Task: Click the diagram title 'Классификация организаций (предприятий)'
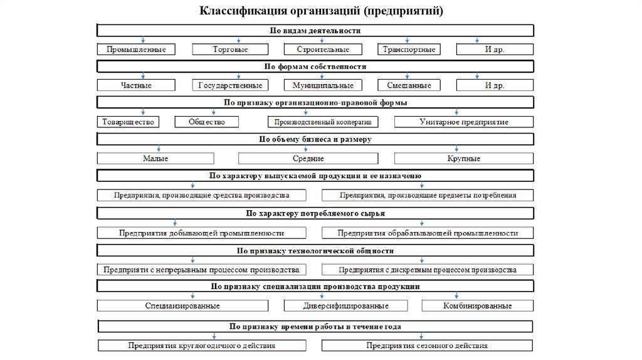coord(320,11)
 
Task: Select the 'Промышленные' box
coord(136,49)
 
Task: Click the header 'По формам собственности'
coord(315,66)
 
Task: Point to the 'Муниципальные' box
coord(322,85)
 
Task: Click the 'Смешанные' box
coord(409,85)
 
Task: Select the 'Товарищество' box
coord(127,122)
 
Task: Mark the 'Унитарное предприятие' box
coord(464,122)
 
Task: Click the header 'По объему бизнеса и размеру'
coord(315,139)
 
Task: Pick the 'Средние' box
coord(308,159)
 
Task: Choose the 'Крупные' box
coord(464,159)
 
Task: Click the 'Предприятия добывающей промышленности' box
coord(202,233)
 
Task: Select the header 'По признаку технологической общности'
coord(315,250)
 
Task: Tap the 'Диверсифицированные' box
coord(345,306)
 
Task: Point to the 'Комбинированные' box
coord(477,306)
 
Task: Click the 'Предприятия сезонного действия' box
coord(428,345)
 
